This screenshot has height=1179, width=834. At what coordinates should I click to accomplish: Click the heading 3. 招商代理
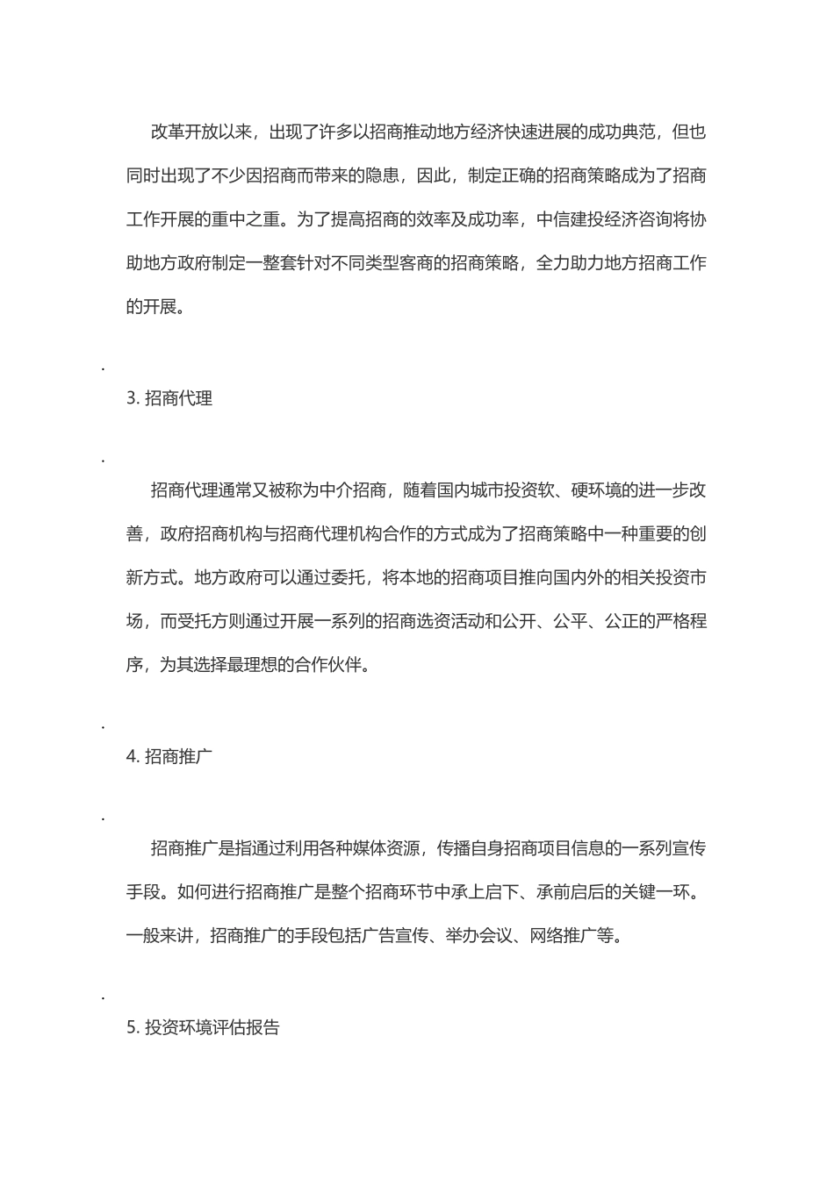pyautogui.click(x=169, y=398)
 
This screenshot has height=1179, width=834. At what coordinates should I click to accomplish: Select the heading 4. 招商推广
pyautogui.click(x=169, y=756)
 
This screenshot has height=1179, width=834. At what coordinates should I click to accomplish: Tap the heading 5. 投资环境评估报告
pyautogui.click(x=203, y=1027)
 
